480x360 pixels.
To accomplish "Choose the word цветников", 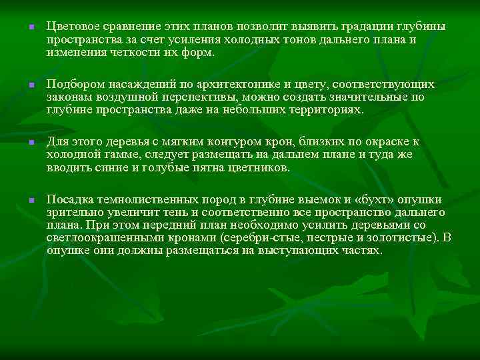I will (x=255, y=167).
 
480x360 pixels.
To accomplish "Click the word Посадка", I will (x=69, y=201).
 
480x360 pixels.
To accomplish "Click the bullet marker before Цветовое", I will (x=23, y=27).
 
